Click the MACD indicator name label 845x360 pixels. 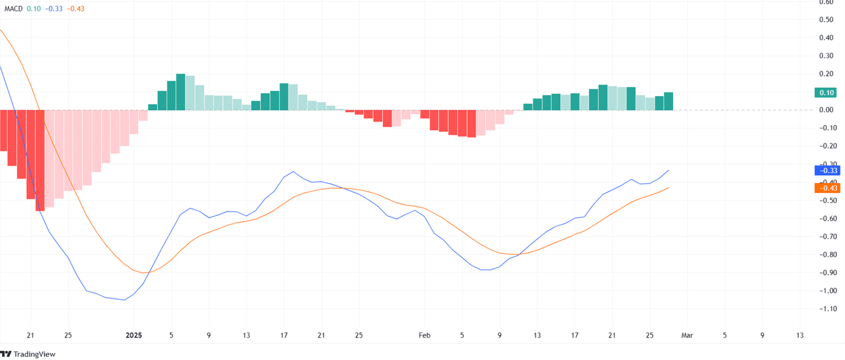click(x=13, y=8)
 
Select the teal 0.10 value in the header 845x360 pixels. click(x=34, y=8)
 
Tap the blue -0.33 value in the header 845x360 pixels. click(x=54, y=8)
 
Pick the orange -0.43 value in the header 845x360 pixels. click(x=76, y=8)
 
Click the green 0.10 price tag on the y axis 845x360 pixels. click(x=827, y=92)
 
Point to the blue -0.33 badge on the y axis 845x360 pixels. click(x=827, y=170)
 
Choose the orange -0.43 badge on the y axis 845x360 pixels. click(x=827, y=188)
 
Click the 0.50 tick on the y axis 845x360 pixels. click(x=826, y=20)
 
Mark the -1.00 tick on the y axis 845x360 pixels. click(x=828, y=290)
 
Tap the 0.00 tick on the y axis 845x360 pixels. click(x=826, y=110)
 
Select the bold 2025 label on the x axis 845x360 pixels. click(x=134, y=335)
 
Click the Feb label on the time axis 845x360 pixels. click(x=424, y=335)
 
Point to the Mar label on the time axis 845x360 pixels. click(x=687, y=335)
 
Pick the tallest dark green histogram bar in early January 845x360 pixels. click(x=181, y=92)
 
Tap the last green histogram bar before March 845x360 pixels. click(x=669, y=101)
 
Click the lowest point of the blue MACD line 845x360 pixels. click(x=124, y=300)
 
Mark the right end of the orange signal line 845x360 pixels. click(x=669, y=187)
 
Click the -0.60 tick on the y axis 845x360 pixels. click(x=828, y=218)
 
